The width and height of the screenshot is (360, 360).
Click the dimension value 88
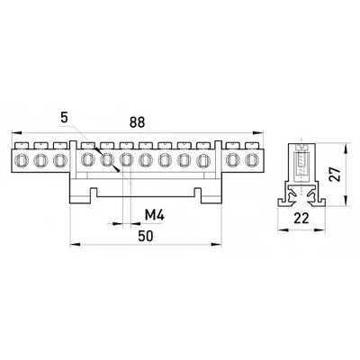(x=137, y=122)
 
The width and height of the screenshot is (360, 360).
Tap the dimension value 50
(x=146, y=236)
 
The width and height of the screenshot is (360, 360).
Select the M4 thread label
(x=155, y=215)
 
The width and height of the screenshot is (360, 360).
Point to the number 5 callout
(x=64, y=117)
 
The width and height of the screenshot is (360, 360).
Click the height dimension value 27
(x=335, y=174)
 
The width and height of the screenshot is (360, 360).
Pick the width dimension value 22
(x=301, y=219)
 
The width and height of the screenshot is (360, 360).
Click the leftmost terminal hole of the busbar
(x=22, y=160)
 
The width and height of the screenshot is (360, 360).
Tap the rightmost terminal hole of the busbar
(x=251, y=160)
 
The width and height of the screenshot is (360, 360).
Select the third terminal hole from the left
(x=59, y=160)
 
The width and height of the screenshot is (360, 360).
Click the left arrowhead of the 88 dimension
(x=16, y=132)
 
